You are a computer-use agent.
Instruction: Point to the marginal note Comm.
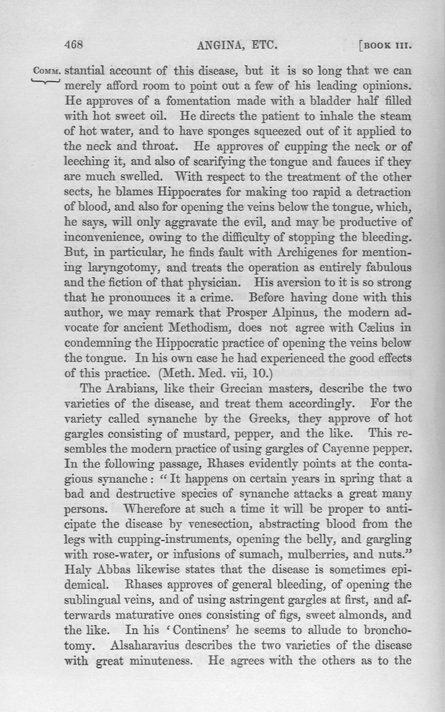(x=48, y=72)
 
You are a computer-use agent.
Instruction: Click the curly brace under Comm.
(x=46, y=83)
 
